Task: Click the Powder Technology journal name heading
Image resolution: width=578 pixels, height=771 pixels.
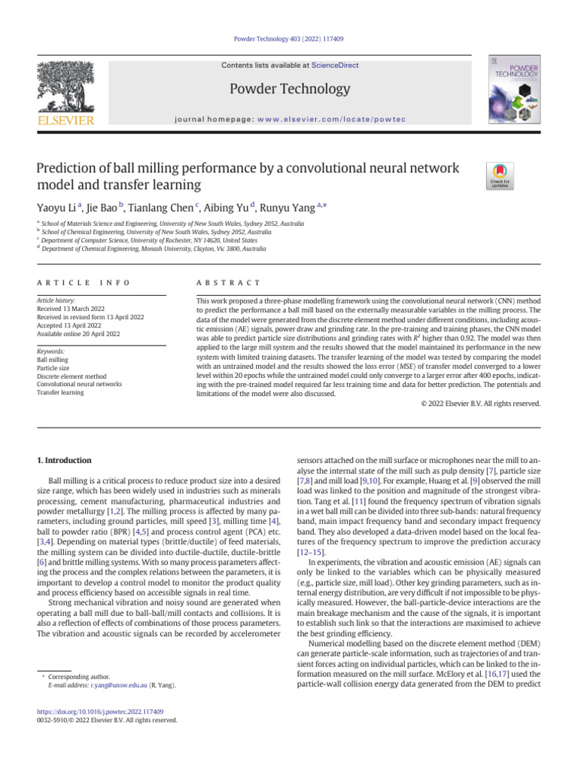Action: (x=290, y=90)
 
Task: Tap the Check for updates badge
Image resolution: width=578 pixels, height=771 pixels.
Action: (x=500, y=175)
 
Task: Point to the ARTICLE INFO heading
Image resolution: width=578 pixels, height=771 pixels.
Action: (x=83, y=282)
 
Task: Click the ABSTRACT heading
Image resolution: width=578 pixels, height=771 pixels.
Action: (x=228, y=282)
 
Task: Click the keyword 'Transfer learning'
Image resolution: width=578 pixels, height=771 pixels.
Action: (x=60, y=392)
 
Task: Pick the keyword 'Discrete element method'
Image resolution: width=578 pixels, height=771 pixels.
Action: (x=71, y=376)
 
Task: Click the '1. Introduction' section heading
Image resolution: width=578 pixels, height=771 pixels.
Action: (x=64, y=460)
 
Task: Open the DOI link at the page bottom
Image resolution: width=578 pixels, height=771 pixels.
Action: (x=100, y=712)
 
